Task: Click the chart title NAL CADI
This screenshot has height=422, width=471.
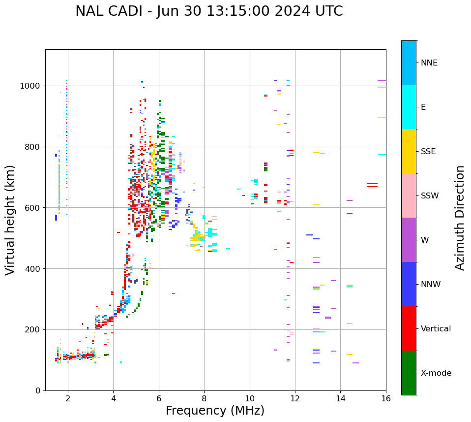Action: click(x=209, y=11)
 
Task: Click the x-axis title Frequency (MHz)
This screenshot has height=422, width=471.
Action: click(x=215, y=411)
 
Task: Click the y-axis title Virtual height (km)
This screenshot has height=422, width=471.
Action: click(x=10, y=220)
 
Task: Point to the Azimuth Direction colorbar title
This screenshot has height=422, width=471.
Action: click(x=460, y=218)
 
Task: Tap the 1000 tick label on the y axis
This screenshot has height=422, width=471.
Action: click(x=30, y=86)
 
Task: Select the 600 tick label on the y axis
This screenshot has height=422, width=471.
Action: click(x=32, y=208)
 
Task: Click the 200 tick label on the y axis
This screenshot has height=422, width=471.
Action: click(x=32, y=329)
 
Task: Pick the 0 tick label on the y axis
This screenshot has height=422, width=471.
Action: click(x=37, y=390)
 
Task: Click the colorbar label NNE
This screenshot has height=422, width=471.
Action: click(x=429, y=63)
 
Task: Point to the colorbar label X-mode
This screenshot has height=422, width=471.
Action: click(x=436, y=373)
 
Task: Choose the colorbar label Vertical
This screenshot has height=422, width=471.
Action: click(x=436, y=329)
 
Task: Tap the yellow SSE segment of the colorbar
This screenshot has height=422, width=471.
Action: click(x=409, y=151)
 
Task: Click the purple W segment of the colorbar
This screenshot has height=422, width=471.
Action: click(x=409, y=240)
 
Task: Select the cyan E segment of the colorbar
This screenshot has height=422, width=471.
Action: click(x=409, y=107)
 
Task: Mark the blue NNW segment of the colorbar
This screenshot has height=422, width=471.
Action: click(x=409, y=284)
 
